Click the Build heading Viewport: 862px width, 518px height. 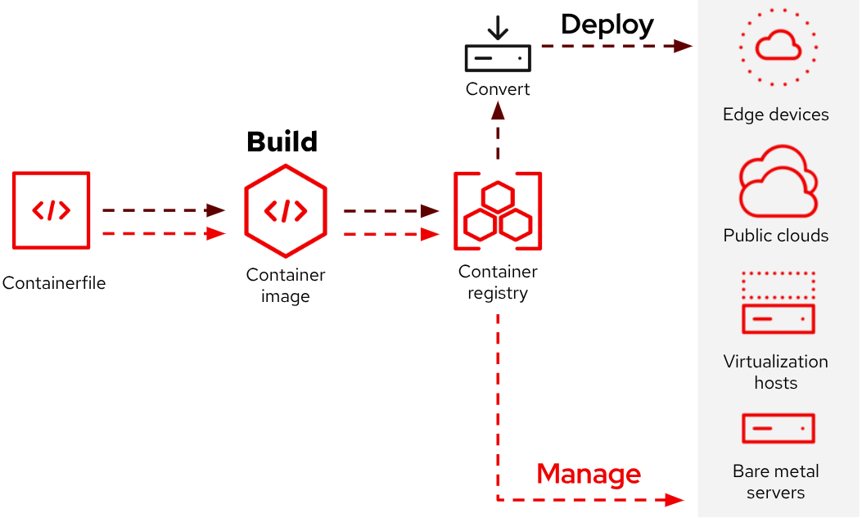click(x=282, y=142)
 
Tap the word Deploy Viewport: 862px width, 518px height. click(x=607, y=25)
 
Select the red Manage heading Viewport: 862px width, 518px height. click(x=588, y=474)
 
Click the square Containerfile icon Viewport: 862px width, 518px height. click(x=52, y=210)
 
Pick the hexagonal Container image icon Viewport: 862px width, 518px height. click(x=286, y=211)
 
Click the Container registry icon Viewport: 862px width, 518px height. click(x=498, y=211)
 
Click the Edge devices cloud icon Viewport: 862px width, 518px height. click(x=778, y=47)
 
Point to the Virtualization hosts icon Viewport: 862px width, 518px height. click(x=778, y=303)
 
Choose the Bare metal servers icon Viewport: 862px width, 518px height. click(x=778, y=428)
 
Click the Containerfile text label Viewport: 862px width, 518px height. click(x=54, y=284)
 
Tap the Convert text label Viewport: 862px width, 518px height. click(x=498, y=89)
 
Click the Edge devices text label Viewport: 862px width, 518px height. click(x=775, y=115)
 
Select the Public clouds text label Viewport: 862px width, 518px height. click(x=775, y=236)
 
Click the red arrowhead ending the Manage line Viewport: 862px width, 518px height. click(x=674, y=499)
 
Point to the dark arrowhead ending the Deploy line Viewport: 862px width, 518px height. click(x=684, y=46)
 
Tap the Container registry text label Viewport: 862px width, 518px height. click(x=498, y=282)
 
